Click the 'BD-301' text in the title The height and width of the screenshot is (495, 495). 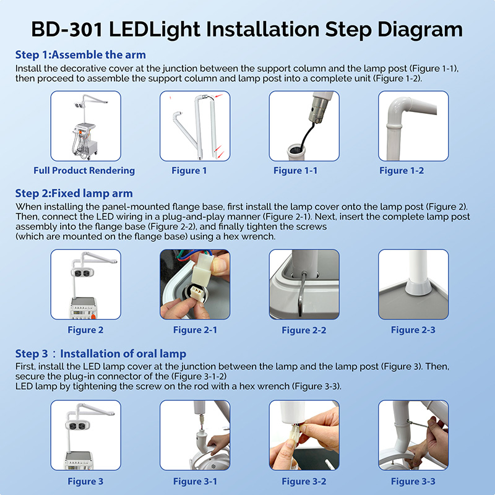[67, 29]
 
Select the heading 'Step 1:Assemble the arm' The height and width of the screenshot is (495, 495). [80, 54]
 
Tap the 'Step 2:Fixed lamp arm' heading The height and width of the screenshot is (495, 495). [74, 193]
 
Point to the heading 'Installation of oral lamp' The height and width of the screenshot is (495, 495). [123, 353]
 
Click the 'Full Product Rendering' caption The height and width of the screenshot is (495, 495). [84, 171]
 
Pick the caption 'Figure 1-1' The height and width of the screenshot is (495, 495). [296, 171]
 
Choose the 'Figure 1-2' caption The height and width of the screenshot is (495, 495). [402, 171]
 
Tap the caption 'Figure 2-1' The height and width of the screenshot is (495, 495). [195, 330]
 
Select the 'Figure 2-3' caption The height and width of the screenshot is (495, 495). [413, 330]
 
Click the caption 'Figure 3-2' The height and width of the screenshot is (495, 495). [304, 481]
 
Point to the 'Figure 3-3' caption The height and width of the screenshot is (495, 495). [413, 481]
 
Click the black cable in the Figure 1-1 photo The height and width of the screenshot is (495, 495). [307, 134]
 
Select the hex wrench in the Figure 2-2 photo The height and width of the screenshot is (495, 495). [301, 293]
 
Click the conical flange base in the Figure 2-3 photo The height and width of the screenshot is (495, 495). [418, 286]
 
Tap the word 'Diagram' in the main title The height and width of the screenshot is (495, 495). [420, 30]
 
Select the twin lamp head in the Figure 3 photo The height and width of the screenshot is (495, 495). [78, 426]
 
